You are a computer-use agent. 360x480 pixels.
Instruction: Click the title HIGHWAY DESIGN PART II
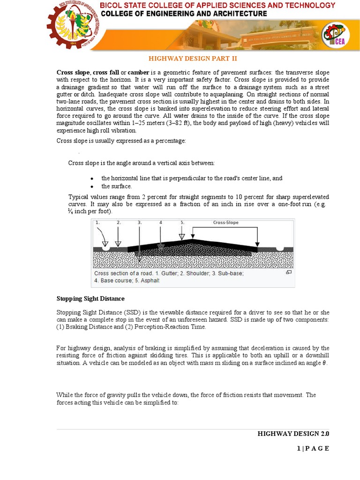tap(193, 59)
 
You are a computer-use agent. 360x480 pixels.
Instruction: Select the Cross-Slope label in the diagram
tap(225, 223)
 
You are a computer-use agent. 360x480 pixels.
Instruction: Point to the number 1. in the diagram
tap(97, 223)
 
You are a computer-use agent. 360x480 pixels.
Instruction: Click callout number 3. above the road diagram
tap(140, 223)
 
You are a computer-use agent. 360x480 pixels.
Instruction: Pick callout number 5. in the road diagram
tap(182, 223)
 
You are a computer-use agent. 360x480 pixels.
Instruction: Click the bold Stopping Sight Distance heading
tap(90, 299)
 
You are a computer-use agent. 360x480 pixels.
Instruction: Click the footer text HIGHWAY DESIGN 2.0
tap(293, 434)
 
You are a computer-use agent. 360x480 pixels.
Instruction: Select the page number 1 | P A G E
tap(313, 449)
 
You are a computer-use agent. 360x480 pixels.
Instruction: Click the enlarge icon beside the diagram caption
tap(289, 272)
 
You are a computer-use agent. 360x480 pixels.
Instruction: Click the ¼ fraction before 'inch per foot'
tap(71, 212)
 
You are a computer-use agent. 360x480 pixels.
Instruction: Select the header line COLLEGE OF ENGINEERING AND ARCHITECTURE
tap(184, 14)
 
